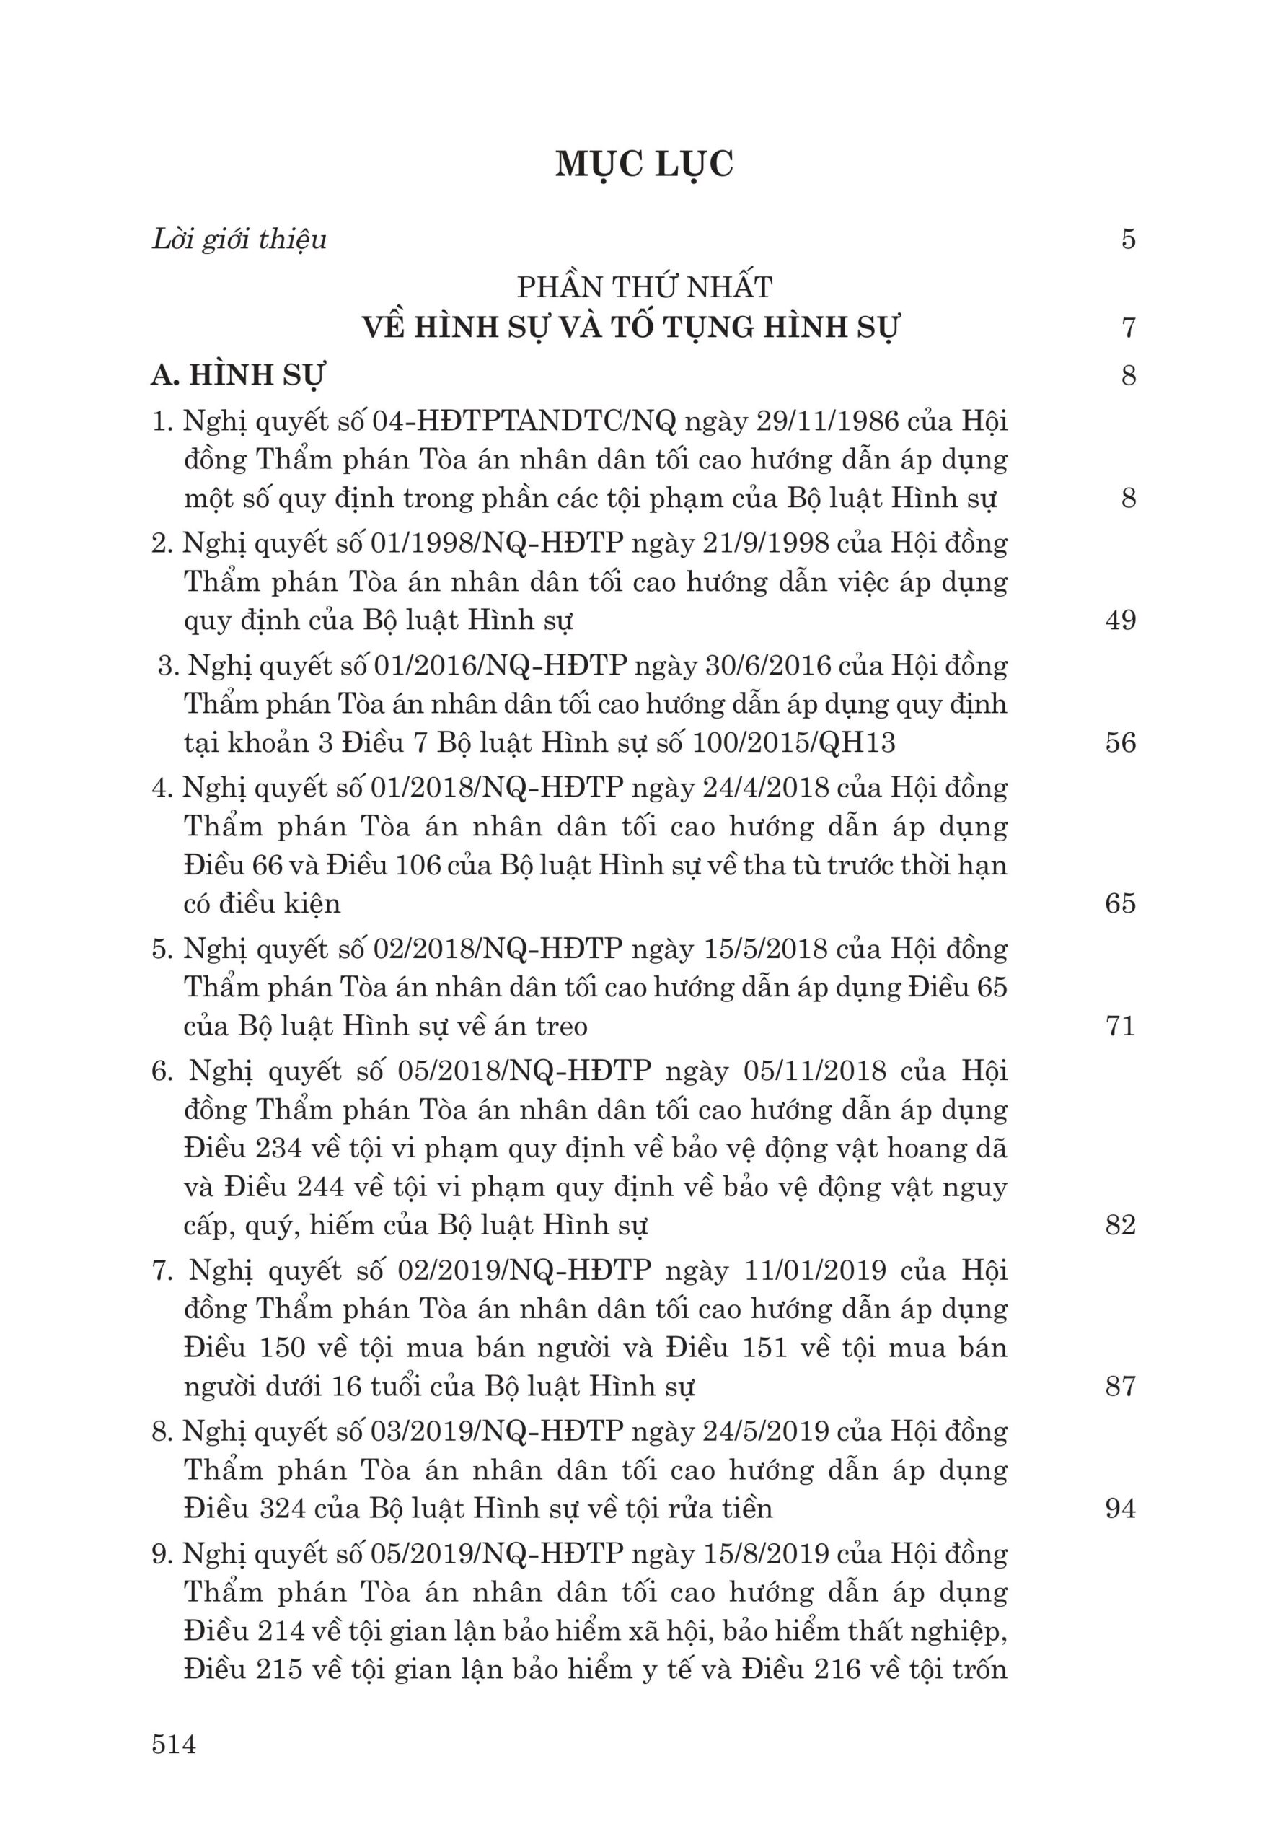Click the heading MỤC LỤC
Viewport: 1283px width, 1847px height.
(x=644, y=164)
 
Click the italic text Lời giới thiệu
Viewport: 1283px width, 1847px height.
(x=239, y=240)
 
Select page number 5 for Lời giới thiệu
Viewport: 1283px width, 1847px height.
(x=1128, y=240)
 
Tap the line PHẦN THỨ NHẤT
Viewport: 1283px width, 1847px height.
(x=644, y=286)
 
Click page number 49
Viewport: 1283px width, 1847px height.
(x=1120, y=620)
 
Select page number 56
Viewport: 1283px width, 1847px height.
(x=1120, y=742)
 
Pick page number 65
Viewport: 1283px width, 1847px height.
(x=1120, y=903)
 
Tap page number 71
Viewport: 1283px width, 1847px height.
(x=1120, y=1026)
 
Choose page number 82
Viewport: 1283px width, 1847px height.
(x=1120, y=1224)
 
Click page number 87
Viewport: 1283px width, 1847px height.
(x=1120, y=1386)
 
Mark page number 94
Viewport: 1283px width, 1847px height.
(x=1120, y=1508)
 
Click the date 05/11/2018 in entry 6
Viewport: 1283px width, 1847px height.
(x=805, y=1071)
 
